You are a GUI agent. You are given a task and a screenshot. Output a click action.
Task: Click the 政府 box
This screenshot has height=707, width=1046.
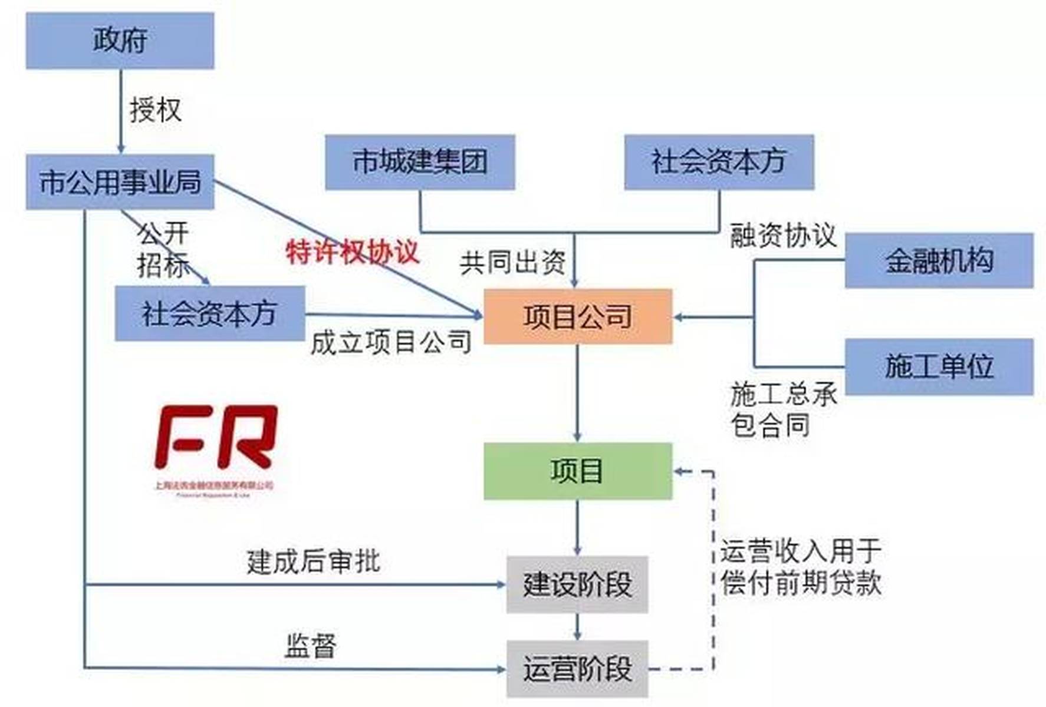pos(120,41)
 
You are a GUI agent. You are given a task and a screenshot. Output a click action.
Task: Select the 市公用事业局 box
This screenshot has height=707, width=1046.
pos(120,181)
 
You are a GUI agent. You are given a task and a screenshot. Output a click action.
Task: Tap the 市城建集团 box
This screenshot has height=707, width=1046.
pos(420,162)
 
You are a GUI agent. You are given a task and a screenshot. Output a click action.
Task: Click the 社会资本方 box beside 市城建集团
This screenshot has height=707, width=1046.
pos(719,162)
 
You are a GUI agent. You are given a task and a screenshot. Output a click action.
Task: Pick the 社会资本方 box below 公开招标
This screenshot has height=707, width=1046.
pos(209,313)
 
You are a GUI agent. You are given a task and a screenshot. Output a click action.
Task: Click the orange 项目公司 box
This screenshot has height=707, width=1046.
pos(577,316)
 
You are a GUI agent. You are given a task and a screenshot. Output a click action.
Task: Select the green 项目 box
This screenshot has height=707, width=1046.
pos(577,471)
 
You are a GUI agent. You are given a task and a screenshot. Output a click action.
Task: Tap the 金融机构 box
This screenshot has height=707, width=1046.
pos(939,260)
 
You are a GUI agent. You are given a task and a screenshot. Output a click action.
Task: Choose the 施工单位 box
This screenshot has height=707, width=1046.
pos(939,366)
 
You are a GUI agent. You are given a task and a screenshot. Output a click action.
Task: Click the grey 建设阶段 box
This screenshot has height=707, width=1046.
pos(577,584)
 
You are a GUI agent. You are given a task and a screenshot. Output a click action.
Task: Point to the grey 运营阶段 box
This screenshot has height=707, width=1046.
pos(577,669)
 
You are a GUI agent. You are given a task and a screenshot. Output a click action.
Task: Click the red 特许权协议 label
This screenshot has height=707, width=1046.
pos(352,252)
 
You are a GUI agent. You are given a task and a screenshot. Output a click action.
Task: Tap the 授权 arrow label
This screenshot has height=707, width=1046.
pos(155,110)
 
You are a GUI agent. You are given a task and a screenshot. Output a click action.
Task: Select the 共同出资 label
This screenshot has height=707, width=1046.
pos(512,262)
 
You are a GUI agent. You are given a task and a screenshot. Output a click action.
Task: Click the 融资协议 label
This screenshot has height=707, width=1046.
pos(782,236)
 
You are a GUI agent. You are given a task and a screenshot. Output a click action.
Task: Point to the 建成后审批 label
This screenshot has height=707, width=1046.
pos(313,561)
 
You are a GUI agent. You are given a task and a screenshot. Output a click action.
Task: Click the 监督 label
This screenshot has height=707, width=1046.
pos(310,646)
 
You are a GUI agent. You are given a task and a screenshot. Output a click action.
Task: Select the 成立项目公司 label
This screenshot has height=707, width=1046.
pos(391,342)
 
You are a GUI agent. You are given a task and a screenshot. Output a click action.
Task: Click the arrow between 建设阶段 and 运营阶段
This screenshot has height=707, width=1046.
pos(577,627)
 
